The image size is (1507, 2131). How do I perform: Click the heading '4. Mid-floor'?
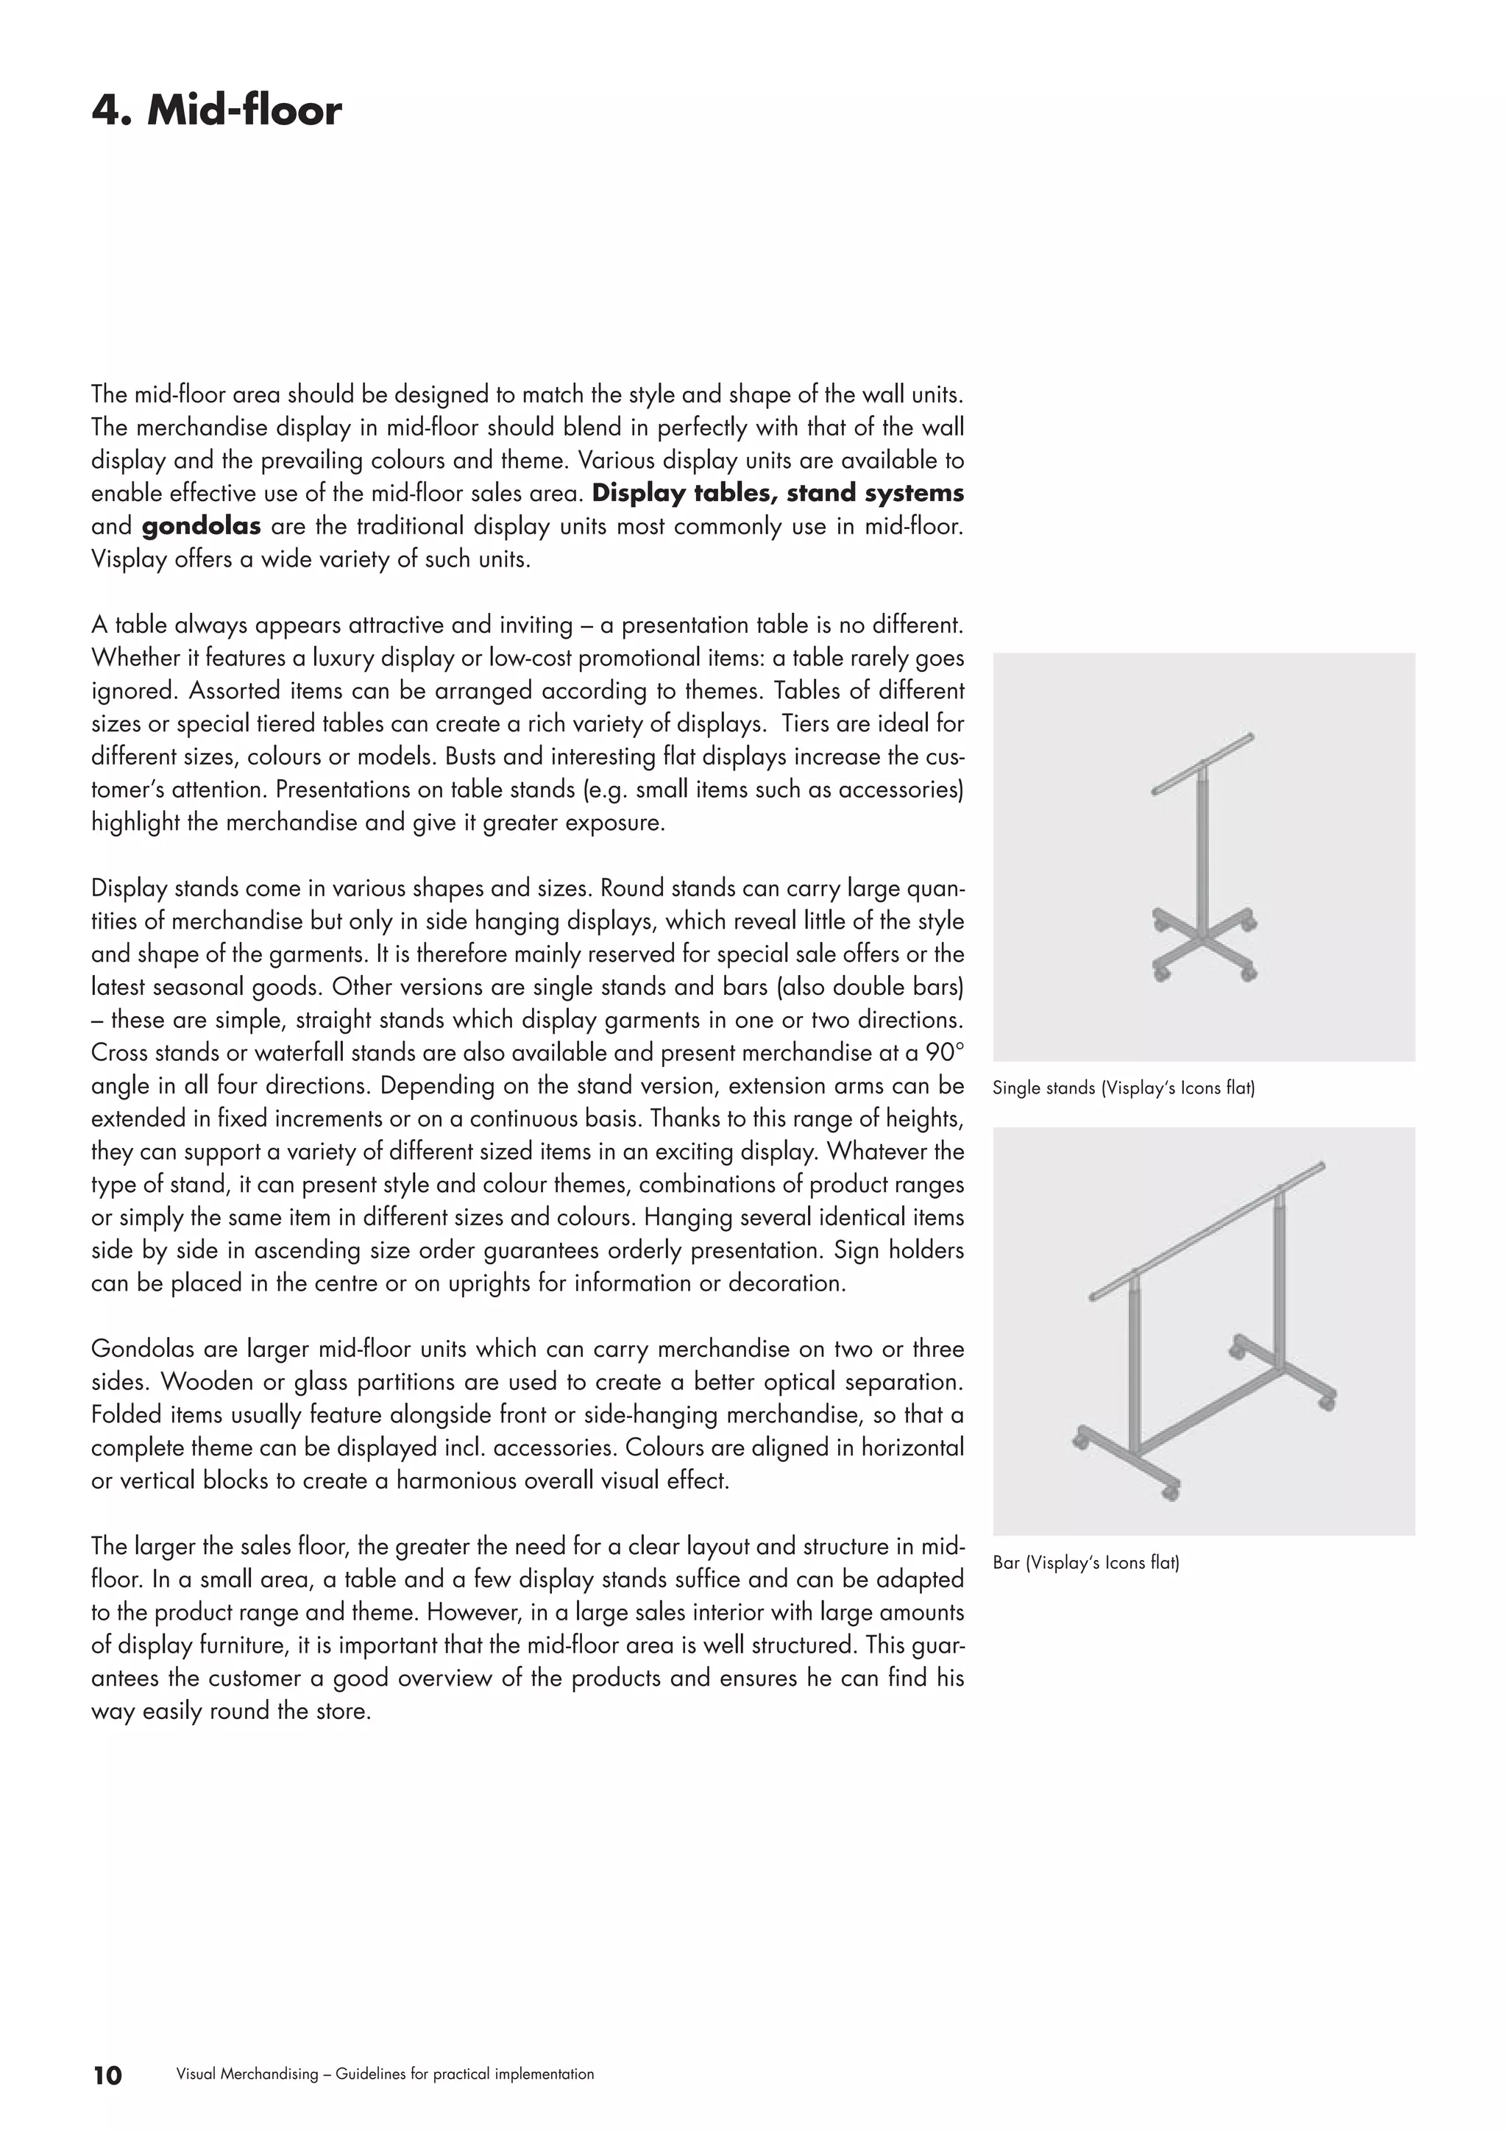tap(216, 110)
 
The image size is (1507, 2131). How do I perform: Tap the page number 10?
tap(107, 2075)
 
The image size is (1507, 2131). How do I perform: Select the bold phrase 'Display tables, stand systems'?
tap(778, 494)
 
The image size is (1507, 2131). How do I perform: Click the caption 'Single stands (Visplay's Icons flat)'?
tap(1123, 1088)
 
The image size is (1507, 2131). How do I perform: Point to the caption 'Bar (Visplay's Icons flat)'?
tap(1085, 1563)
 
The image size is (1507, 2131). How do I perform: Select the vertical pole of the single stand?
tap(1204, 854)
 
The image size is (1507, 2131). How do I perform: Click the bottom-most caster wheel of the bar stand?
tap(1171, 1492)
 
